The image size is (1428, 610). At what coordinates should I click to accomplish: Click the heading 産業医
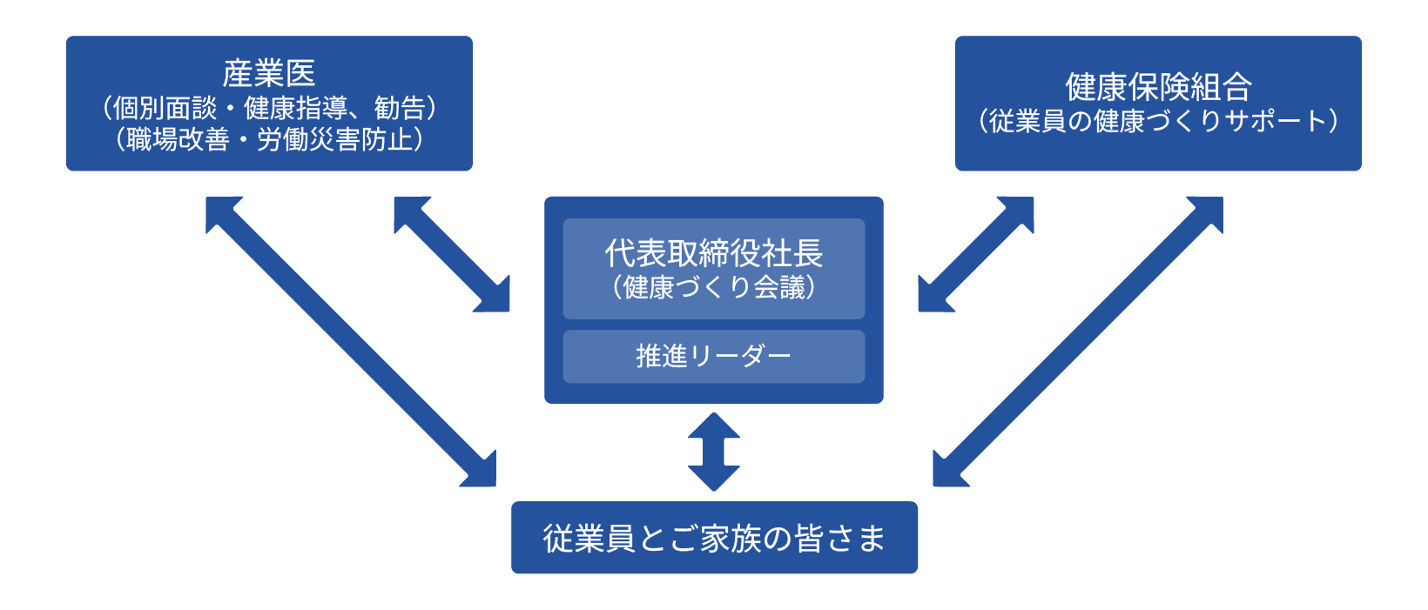[x=268, y=73]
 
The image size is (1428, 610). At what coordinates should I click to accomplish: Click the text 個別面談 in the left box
[x=165, y=108]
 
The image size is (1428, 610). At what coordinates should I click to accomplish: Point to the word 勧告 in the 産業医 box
[x=399, y=108]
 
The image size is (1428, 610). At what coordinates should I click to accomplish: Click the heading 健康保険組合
[x=1158, y=87]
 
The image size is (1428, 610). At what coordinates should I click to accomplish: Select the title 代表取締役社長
[x=713, y=253]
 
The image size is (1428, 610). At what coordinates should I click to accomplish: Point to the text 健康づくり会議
[x=713, y=287]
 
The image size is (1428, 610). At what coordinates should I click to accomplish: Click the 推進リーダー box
[x=713, y=356]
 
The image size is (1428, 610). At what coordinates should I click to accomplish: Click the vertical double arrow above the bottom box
[x=713, y=452]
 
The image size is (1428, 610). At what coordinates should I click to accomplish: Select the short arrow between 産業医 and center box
[x=451, y=254]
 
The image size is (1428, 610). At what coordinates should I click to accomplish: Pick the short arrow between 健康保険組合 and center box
[x=976, y=254]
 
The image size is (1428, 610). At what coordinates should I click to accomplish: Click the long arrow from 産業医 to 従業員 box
[x=350, y=341]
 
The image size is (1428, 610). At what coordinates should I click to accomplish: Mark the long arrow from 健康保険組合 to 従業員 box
[x=1078, y=341]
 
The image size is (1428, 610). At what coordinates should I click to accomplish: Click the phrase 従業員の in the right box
[x=1040, y=121]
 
